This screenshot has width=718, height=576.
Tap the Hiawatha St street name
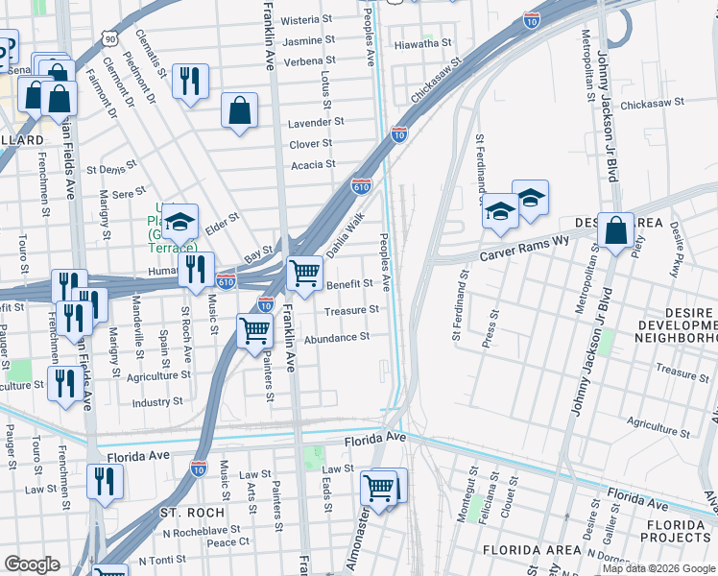(x=423, y=43)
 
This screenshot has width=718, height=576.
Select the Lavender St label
(x=316, y=123)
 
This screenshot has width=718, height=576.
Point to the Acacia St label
(x=314, y=164)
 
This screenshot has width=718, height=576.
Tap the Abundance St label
(x=337, y=338)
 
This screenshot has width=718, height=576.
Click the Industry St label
(x=157, y=402)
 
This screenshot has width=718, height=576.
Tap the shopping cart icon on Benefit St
(x=305, y=274)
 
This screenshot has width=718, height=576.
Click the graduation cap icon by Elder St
(x=179, y=222)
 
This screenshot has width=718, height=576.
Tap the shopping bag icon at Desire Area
(x=616, y=230)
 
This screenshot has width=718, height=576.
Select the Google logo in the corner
(x=32, y=564)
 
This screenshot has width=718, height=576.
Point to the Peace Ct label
(x=228, y=542)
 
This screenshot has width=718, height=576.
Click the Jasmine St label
(x=309, y=40)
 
